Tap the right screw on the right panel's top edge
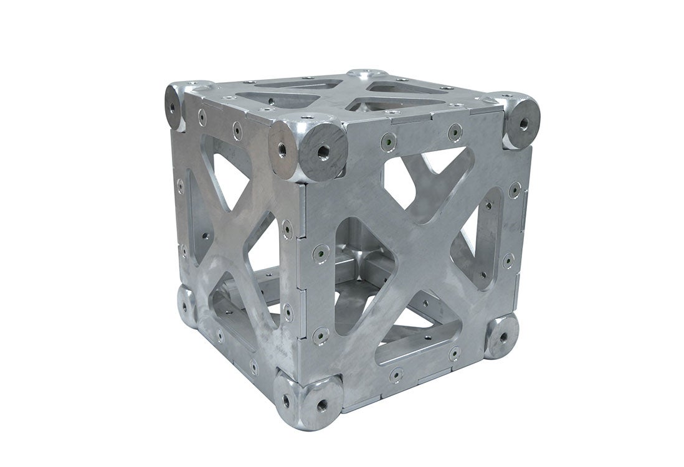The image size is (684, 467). [455, 132]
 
